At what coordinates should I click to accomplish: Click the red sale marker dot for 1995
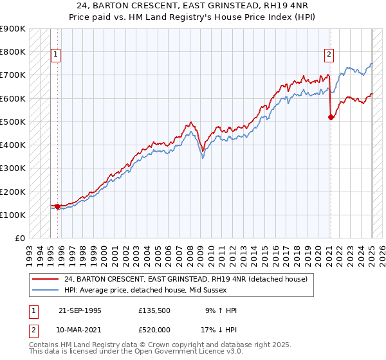(57, 206)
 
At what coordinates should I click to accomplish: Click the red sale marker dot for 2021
(331, 117)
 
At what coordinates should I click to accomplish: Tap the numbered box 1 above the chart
(56, 55)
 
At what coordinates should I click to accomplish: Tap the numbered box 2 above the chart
(329, 55)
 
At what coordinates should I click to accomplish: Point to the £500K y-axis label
(13, 122)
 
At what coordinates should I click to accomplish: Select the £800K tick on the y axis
(13, 51)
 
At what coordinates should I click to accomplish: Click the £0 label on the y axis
(19, 239)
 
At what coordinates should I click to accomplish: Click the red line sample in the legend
(44, 279)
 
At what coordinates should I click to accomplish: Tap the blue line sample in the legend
(44, 290)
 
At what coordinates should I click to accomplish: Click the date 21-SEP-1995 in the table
(79, 310)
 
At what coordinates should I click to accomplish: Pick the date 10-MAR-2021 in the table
(80, 330)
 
